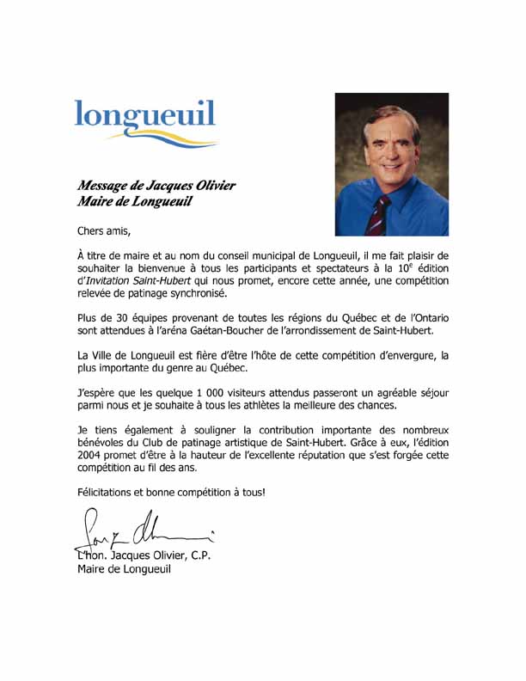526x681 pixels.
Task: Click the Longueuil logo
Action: [x=144, y=120]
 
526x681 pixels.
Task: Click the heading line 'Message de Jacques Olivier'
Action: [x=156, y=186]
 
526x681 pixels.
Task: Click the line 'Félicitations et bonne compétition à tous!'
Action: [x=171, y=493]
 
